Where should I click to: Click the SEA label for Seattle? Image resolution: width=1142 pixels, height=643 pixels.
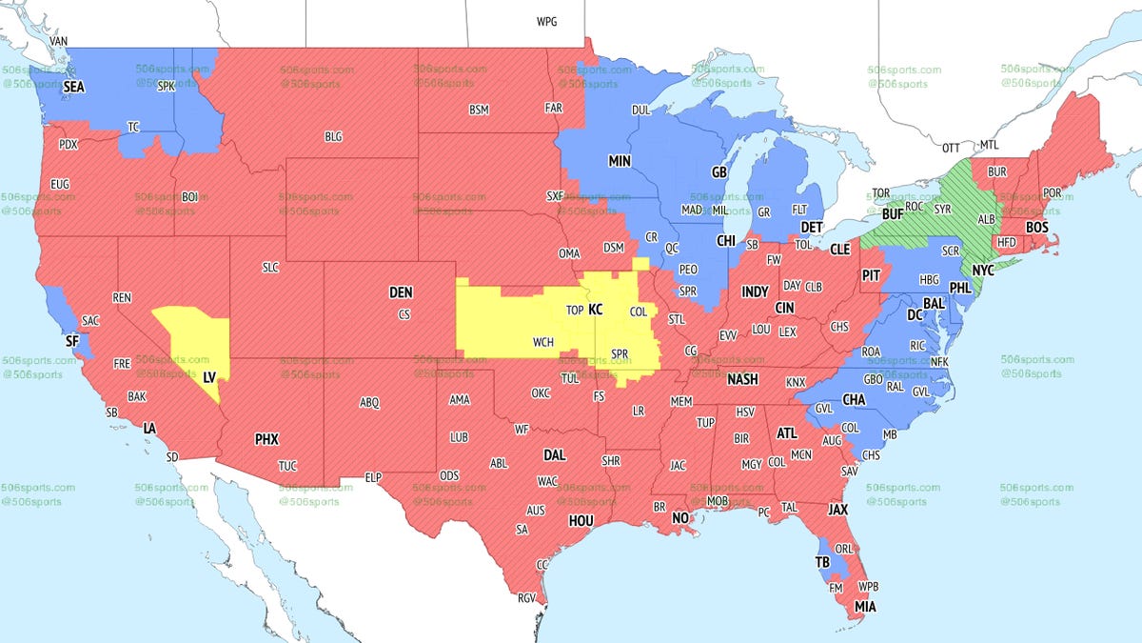tap(74, 87)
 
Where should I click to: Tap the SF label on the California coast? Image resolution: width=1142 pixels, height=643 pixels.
tap(71, 340)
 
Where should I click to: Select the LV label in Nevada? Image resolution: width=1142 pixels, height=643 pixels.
tap(209, 377)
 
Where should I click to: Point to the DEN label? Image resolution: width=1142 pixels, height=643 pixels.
tap(401, 292)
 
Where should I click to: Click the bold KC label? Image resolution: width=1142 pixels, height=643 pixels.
tap(596, 310)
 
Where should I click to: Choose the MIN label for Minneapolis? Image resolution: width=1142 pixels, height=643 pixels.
tap(620, 162)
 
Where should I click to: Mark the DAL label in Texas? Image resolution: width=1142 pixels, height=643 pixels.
tap(554, 455)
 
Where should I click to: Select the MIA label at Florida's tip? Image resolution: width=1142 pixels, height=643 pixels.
tap(865, 607)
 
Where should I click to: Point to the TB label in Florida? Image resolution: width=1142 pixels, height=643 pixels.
tap(822, 562)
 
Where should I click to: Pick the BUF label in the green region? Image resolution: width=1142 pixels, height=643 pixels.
tap(893, 215)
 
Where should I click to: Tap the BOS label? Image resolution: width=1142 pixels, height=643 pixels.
tap(1037, 228)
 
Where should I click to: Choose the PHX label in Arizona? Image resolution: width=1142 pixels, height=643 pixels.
tap(266, 439)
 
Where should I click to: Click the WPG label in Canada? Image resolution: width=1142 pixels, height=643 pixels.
tap(547, 21)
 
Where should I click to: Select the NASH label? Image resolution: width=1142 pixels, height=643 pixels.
tap(742, 378)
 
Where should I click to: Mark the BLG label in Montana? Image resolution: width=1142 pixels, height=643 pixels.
tap(333, 137)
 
